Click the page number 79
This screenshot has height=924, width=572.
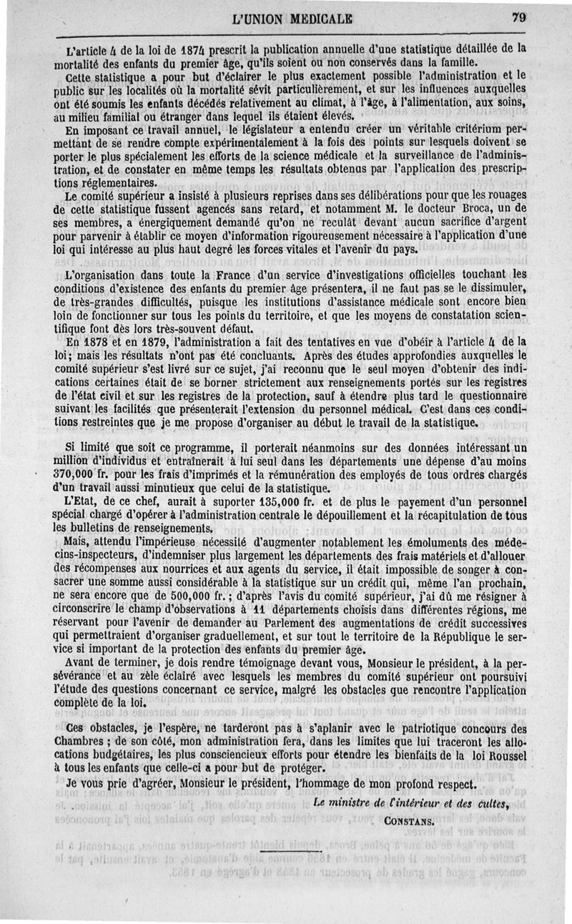519,19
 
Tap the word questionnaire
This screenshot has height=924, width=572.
481,397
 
